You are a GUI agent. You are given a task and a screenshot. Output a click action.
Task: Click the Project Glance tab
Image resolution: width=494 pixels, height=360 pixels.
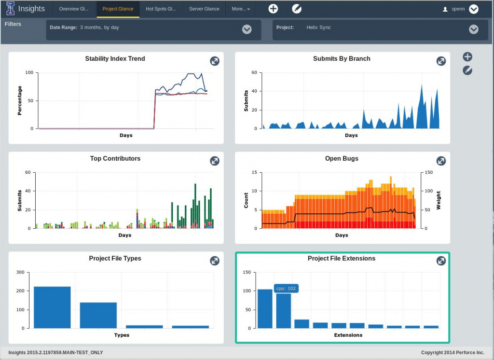tap(118, 9)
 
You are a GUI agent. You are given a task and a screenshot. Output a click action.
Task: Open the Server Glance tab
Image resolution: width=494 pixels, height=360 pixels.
tap(204, 9)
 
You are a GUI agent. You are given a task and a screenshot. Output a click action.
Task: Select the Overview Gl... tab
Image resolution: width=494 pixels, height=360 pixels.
tap(74, 9)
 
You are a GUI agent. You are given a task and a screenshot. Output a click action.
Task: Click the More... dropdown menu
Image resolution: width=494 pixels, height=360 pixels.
tap(241, 9)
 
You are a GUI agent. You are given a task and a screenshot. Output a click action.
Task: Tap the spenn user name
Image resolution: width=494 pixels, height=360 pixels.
tap(458, 9)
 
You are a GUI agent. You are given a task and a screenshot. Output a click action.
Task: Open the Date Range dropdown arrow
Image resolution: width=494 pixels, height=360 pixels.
tap(247, 29)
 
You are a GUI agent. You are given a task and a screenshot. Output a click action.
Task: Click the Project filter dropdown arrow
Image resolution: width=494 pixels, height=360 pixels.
tap(473, 29)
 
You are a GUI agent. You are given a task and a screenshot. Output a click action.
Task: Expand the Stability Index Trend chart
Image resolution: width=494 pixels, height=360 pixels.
tap(215, 61)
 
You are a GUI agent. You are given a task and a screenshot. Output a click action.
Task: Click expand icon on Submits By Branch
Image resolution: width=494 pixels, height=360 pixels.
tap(441, 61)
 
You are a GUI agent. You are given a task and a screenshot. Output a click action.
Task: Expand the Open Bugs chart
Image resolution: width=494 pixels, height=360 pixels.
tap(441, 161)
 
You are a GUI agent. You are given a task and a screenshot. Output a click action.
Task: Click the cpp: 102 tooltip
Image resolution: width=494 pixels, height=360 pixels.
tap(286, 288)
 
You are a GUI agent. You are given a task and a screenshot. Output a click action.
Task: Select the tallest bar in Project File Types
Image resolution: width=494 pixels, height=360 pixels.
tap(52, 307)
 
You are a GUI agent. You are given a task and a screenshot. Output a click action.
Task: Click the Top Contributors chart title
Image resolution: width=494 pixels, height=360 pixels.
tap(115, 158)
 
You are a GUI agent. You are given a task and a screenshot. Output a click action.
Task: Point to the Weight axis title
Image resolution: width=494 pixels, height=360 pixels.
tap(439, 200)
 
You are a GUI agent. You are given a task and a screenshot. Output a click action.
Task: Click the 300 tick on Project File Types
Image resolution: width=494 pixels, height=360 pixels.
tap(21, 272)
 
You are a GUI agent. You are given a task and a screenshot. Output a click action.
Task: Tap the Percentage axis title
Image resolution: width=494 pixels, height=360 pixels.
tap(20, 100)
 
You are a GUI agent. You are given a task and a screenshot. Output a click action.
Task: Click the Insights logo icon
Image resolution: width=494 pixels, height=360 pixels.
tap(10, 9)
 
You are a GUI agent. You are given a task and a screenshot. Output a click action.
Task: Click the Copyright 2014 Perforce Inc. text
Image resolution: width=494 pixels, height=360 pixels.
tap(452, 353)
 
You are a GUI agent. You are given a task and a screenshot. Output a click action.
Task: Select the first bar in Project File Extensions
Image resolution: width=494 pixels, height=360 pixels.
tap(265, 309)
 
